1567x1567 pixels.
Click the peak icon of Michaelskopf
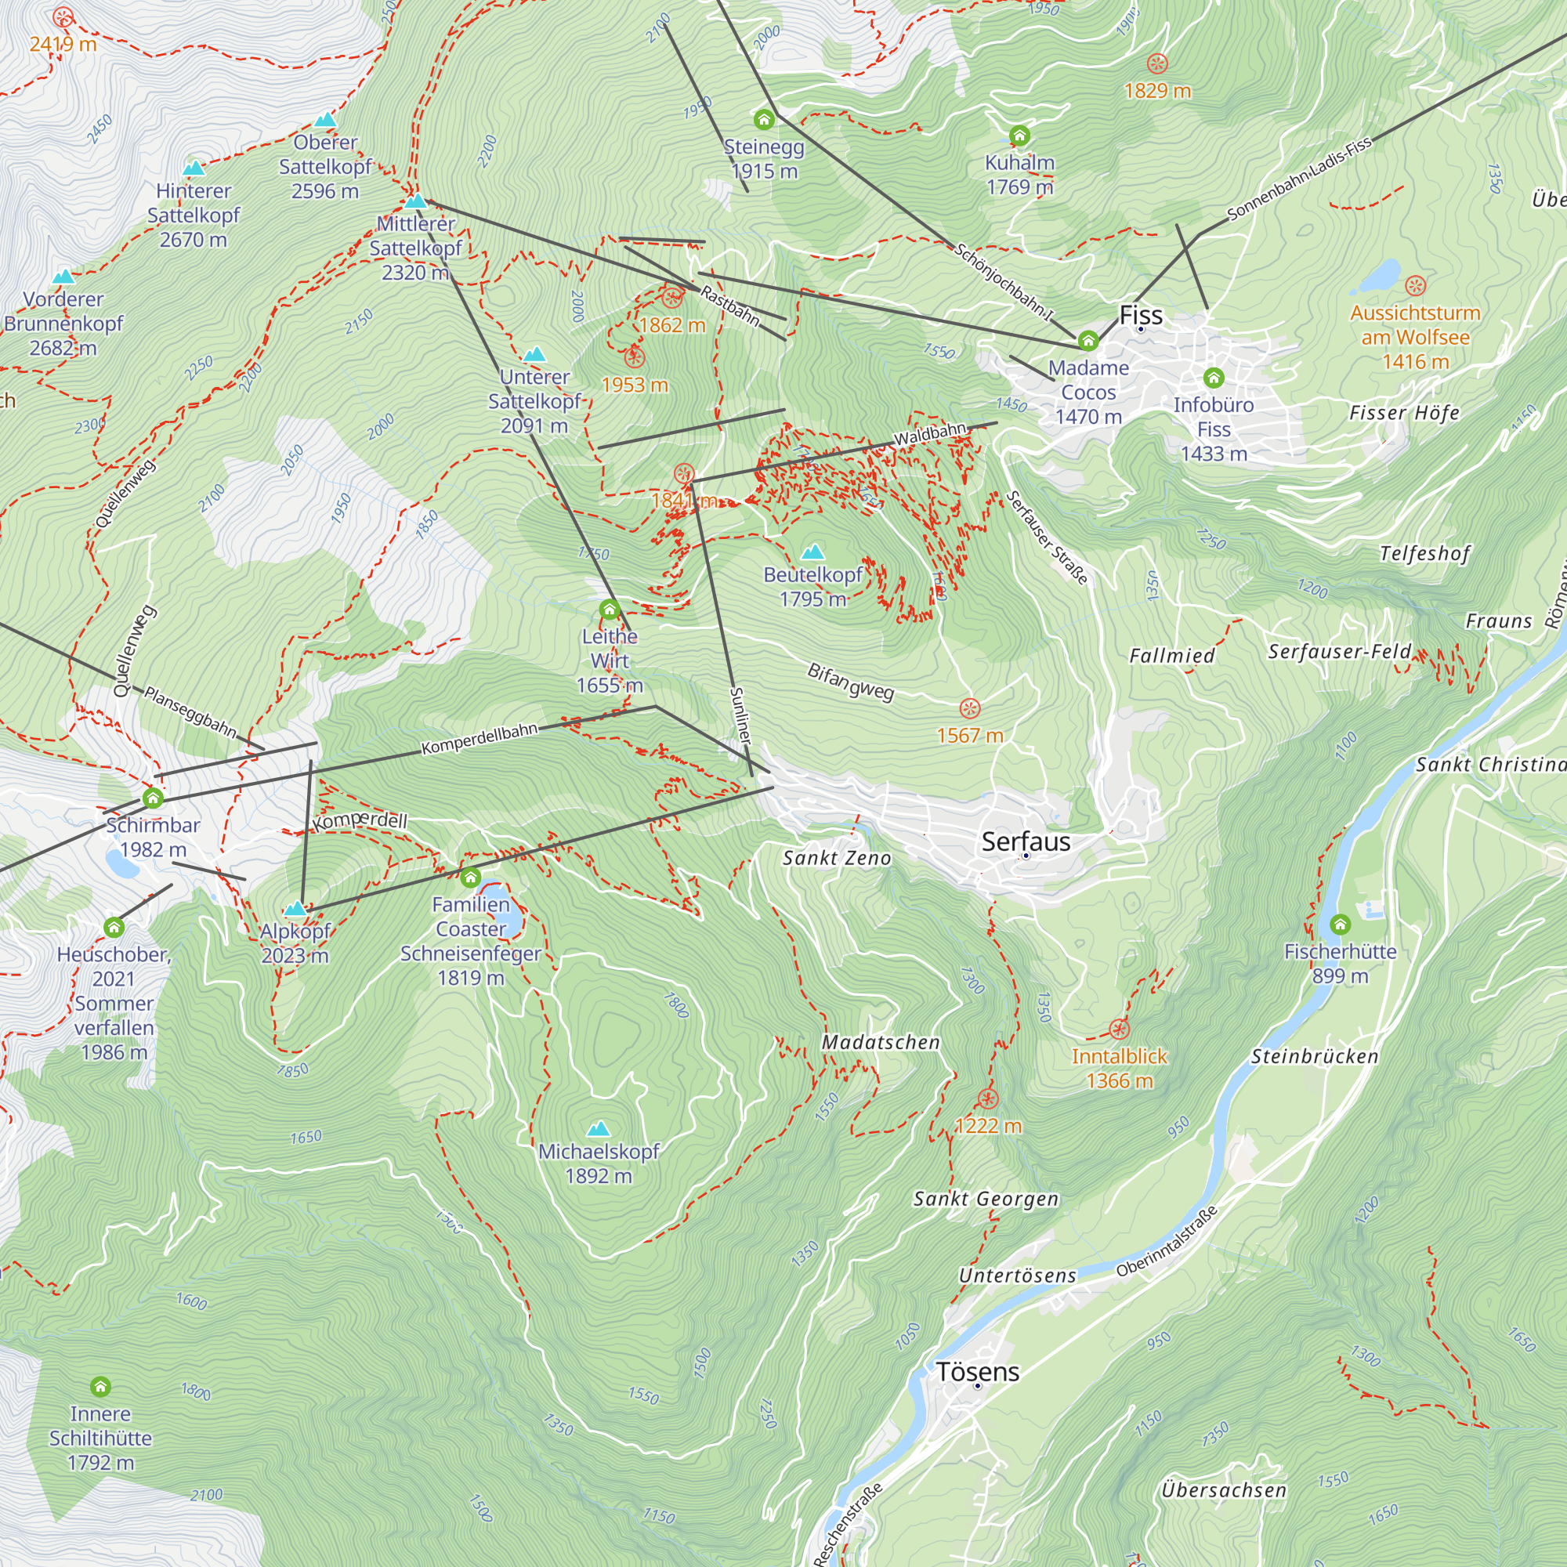(598, 1128)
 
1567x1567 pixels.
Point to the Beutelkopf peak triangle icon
(812, 552)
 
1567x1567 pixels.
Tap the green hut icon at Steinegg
(763, 120)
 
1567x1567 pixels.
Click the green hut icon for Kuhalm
(1019, 136)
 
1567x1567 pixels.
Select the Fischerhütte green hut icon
(1340, 924)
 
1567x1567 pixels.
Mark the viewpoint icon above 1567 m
(969, 709)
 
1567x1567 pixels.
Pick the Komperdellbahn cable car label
(480, 738)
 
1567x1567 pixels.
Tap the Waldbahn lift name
(930, 434)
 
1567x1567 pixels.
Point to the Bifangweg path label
(851, 682)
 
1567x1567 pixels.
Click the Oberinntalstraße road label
(1167, 1242)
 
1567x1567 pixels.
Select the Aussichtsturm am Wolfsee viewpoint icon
(1414, 285)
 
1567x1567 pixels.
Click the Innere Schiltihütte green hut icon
(100, 1386)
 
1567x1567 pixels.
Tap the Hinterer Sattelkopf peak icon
(193, 168)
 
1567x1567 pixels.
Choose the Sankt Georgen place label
(986, 1199)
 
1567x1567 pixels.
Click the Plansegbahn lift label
(190, 712)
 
